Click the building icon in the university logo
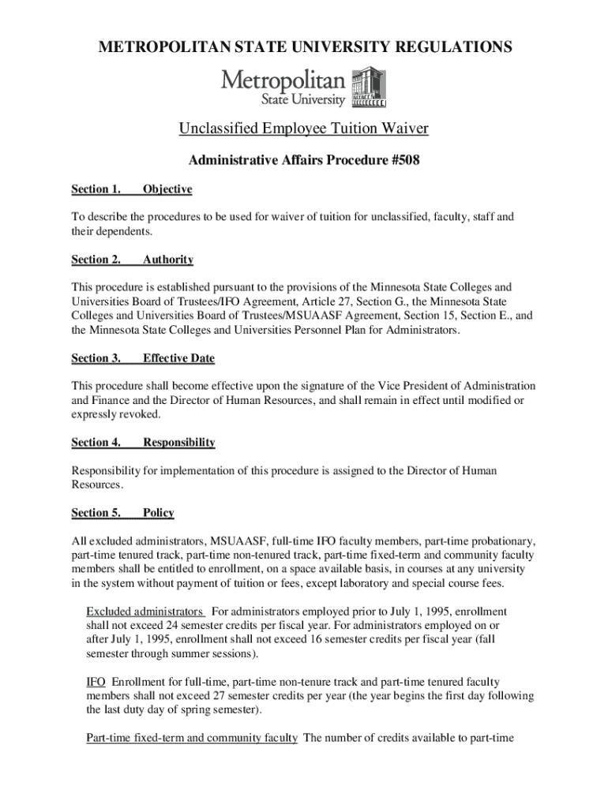[368, 88]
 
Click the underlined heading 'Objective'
[167, 189]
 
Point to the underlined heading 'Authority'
[168, 260]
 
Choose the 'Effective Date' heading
[178, 358]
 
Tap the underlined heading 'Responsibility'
[179, 443]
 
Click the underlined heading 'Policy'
[159, 513]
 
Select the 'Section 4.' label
[96, 443]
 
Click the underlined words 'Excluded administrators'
[145, 612]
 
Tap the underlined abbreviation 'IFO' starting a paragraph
[96, 682]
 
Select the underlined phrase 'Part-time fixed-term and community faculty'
[192, 739]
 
